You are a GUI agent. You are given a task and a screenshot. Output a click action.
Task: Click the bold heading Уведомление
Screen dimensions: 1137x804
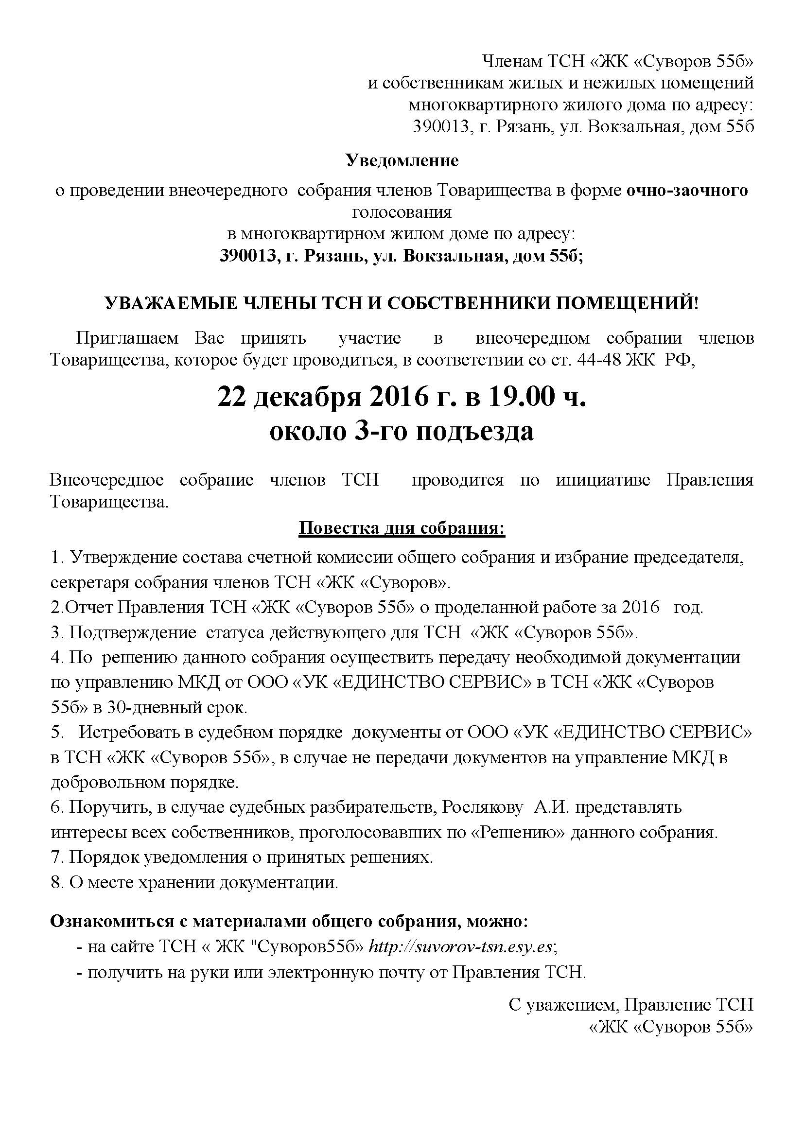pos(402,160)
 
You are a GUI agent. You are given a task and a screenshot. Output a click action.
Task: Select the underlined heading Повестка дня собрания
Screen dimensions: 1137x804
pos(402,528)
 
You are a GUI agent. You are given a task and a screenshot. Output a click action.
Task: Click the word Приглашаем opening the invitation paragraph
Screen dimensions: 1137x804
pos(127,338)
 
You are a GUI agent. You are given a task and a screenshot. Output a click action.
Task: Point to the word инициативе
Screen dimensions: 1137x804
pos(602,479)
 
